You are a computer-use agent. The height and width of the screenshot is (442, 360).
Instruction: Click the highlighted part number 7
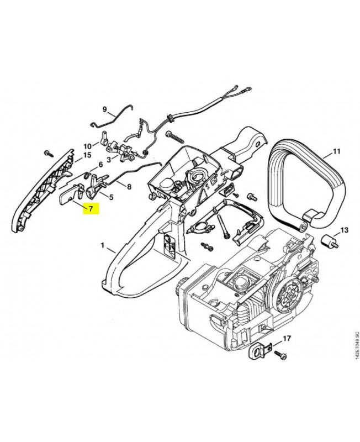90,209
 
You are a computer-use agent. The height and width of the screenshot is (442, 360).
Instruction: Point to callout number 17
287,338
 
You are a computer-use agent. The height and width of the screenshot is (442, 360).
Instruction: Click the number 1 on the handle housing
103,244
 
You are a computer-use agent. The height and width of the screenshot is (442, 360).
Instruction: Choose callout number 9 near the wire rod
103,109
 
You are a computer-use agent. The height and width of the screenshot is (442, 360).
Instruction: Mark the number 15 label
87,156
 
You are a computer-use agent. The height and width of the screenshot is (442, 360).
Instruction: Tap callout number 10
87,146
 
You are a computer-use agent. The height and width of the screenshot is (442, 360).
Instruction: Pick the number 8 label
129,187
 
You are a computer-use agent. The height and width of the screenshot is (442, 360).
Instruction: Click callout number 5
111,197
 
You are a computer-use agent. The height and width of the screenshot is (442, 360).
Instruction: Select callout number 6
100,165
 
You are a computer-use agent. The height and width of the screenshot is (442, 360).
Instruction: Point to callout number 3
109,160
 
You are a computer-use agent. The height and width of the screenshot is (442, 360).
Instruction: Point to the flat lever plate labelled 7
69,194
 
